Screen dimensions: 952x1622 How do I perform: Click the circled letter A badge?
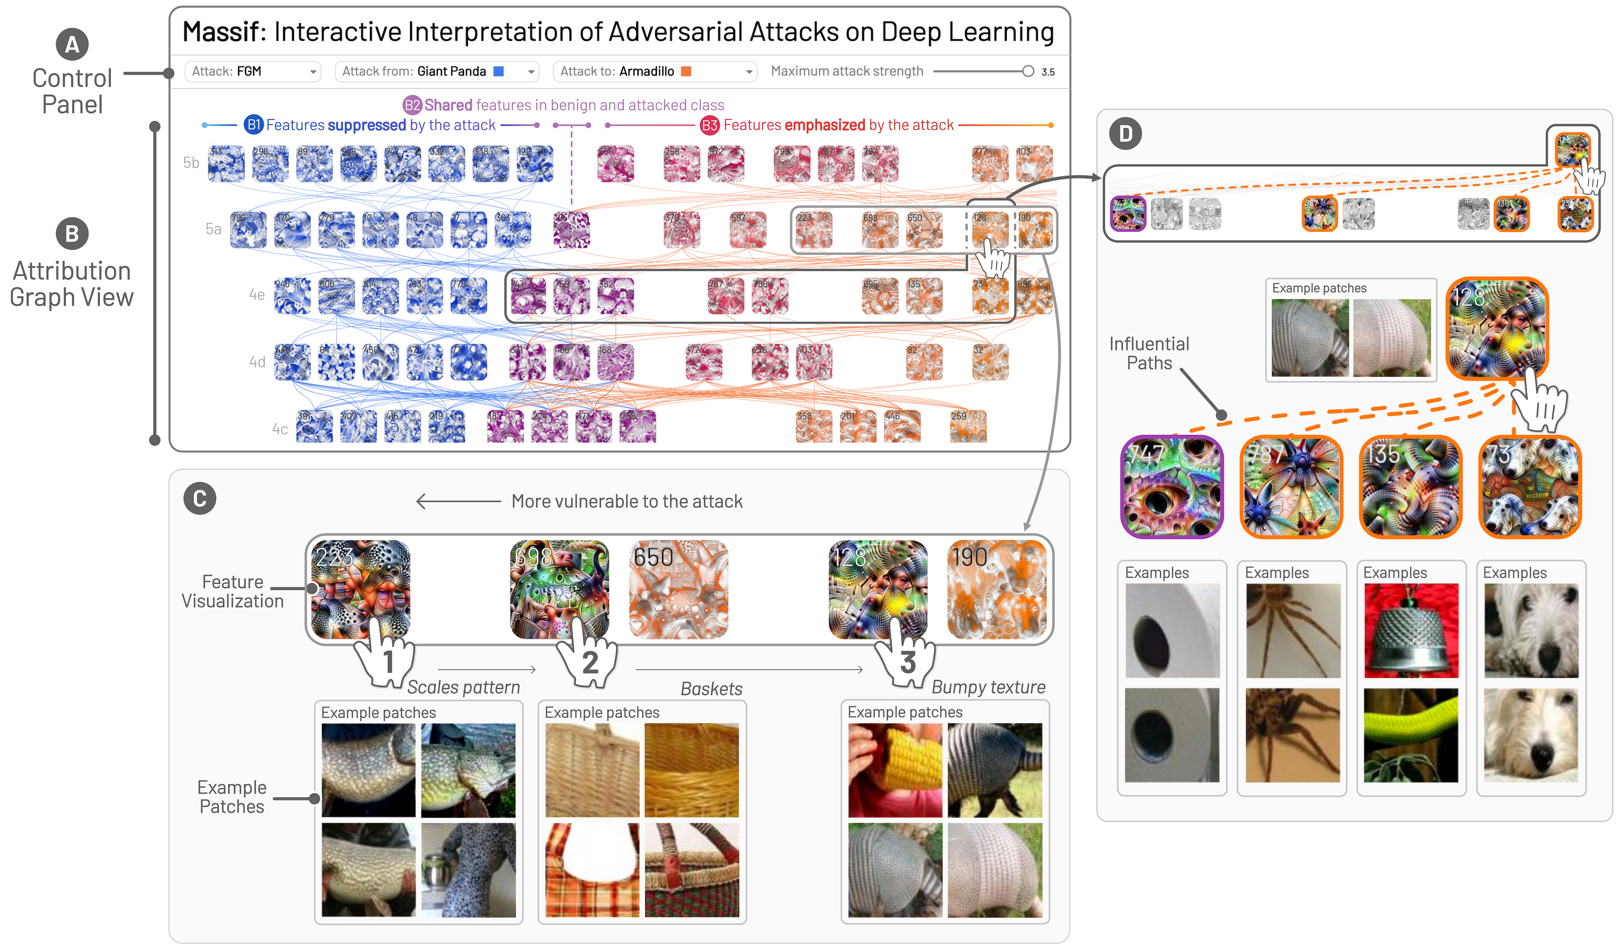72,45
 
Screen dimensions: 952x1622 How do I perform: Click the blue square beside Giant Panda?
498,71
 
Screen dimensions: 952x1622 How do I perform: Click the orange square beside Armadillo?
686,71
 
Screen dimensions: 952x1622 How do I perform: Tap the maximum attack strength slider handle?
1028,71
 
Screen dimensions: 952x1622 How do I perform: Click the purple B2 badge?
412,105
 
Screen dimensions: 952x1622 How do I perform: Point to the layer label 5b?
191,163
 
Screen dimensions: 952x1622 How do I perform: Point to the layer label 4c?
279,429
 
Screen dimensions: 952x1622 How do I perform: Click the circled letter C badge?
200,499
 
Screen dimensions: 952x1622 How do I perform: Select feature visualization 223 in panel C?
360,589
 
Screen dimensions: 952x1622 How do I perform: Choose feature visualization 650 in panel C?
678,589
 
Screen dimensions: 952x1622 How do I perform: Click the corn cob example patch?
895,770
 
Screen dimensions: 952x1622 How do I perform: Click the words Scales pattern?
463,688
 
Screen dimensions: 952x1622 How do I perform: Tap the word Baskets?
711,689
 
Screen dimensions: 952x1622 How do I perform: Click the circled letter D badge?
1125,134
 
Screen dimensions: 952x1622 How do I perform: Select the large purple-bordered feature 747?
1171,487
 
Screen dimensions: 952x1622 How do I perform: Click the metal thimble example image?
1411,631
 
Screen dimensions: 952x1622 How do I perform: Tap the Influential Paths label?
1149,354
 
